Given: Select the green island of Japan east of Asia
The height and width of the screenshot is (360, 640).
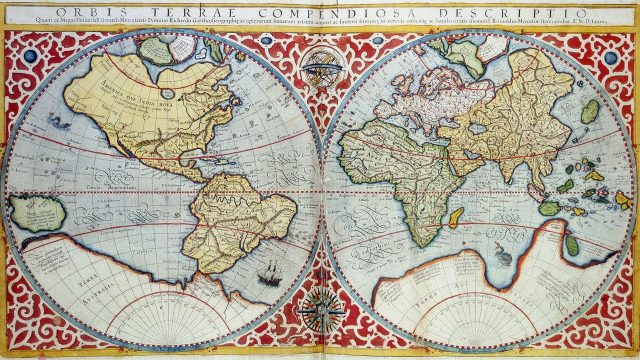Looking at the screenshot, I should click(x=591, y=110).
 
